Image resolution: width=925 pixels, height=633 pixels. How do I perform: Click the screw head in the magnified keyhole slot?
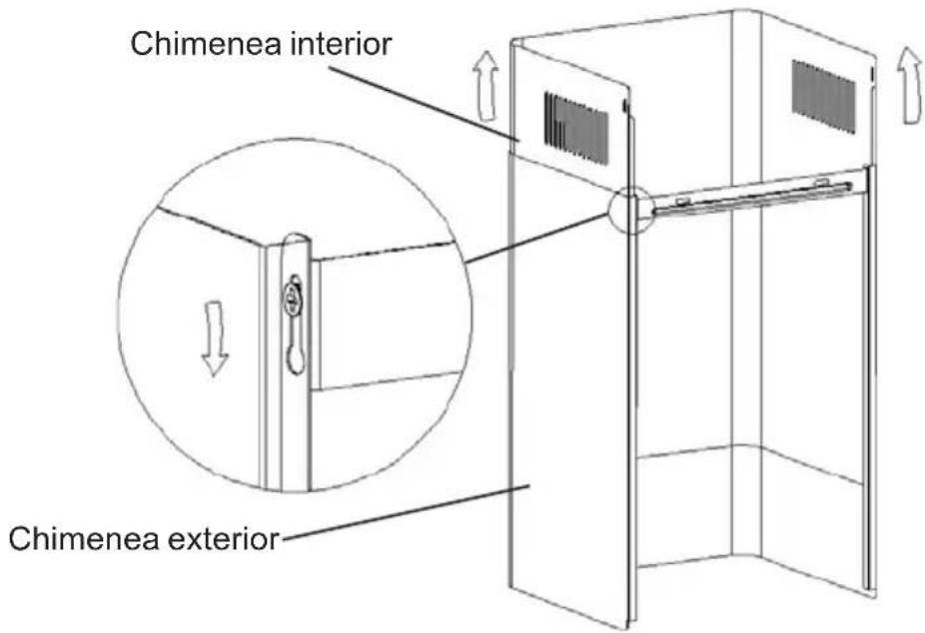coord(292,296)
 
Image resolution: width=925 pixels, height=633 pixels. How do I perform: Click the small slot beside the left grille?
coord(625,105)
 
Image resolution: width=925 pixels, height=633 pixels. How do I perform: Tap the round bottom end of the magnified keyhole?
coord(295,359)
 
